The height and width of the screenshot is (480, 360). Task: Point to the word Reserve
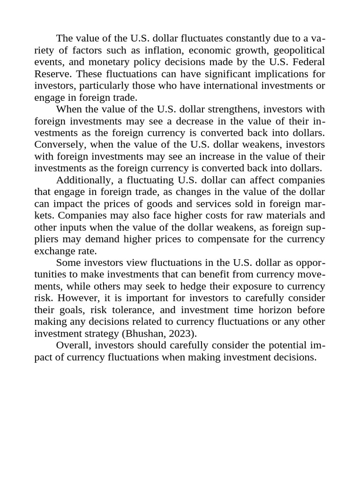coord(53,74)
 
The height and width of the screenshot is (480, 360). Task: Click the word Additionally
coord(82,180)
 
